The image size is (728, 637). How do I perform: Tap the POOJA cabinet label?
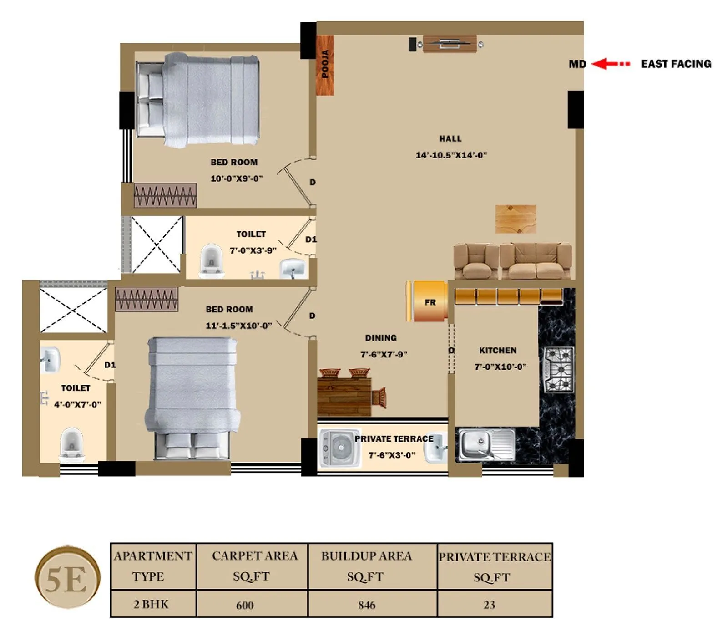(x=325, y=64)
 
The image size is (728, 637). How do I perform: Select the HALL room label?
(x=450, y=139)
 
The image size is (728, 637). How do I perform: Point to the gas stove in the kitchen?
(x=559, y=369)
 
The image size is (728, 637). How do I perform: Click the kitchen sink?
(x=485, y=444)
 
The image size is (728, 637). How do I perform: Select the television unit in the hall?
(x=450, y=44)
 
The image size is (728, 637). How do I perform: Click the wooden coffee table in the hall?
(x=515, y=219)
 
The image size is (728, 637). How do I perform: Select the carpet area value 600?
(x=245, y=605)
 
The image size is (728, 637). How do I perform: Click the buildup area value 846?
(x=367, y=605)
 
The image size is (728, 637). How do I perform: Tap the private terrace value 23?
(x=489, y=605)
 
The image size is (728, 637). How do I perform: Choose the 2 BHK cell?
(x=151, y=604)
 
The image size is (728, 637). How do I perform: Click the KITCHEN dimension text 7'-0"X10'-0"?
(x=500, y=367)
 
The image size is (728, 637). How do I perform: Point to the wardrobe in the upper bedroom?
(x=165, y=195)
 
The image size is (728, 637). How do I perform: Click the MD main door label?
(x=577, y=64)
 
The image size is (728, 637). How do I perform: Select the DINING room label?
(x=381, y=338)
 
